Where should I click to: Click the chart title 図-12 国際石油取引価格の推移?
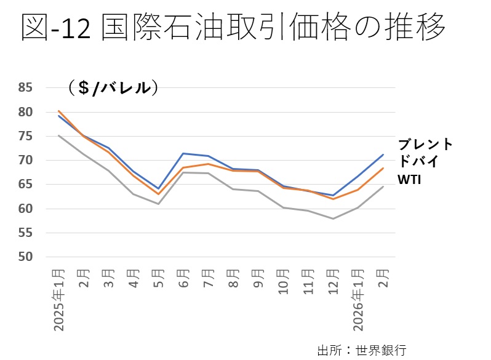(234, 28)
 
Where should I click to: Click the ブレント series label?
(425, 145)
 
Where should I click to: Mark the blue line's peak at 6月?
(183, 153)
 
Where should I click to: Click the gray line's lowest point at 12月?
(332, 218)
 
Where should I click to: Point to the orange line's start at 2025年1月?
(59, 111)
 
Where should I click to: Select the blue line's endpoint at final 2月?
(383, 154)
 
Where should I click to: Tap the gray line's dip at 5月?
(158, 204)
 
